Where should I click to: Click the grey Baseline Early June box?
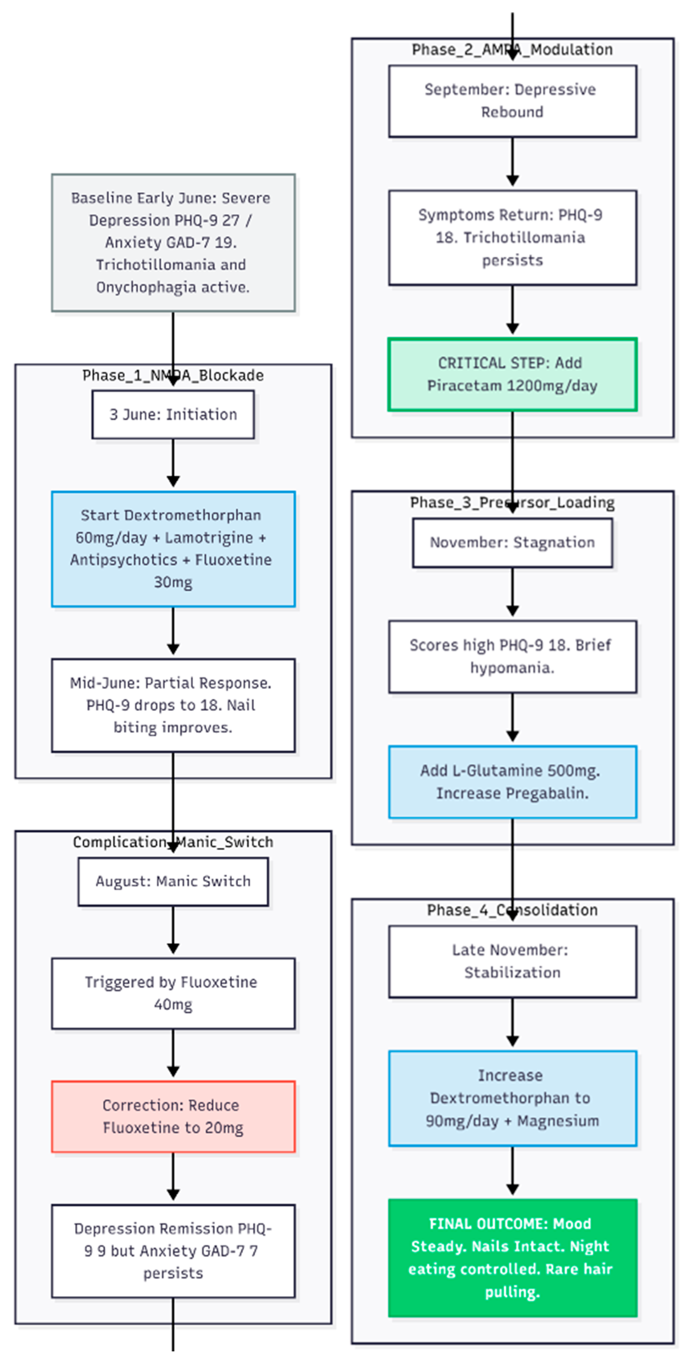[x=173, y=243]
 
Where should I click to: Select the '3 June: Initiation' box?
[x=173, y=415]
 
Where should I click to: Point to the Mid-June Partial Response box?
[x=173, y=705]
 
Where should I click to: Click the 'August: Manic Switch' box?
[x=173, y=881]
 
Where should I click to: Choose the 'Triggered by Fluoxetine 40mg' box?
[x=173, y=994]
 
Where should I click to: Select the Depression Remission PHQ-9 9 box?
[x=173, y=1251]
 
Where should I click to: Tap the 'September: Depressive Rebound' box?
[x=512, y=101]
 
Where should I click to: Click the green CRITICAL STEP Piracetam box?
[x=512, y=374]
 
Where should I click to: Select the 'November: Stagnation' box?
[x=512, y=543]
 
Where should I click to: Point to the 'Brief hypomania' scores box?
[x=512, y=656]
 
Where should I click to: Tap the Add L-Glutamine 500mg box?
[x=512, y=782]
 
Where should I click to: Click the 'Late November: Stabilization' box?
[x=512, y=962]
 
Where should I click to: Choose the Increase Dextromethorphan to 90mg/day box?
[x=512, y=1098]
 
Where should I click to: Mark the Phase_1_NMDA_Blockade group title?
[x=173, y=375]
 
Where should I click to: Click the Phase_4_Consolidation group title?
[x=512, y=910]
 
